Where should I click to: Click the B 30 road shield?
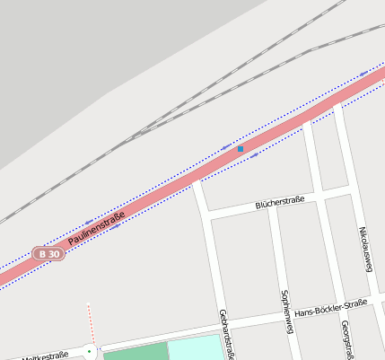(x=48, y=254)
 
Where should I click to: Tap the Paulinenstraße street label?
(x=96, y=228)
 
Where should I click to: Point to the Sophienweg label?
(x=285, y=312)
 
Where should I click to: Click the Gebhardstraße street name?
(x=225, y=334)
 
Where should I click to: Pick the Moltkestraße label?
(x=44, y=356)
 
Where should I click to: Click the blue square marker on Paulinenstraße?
(x=241, y=149)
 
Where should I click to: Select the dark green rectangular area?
(x=135, y=355)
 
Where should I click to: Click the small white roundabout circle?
(x=89, y=351)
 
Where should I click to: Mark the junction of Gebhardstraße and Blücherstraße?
(x=206, y=216)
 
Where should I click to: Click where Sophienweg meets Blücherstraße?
(x=272, y=206)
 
